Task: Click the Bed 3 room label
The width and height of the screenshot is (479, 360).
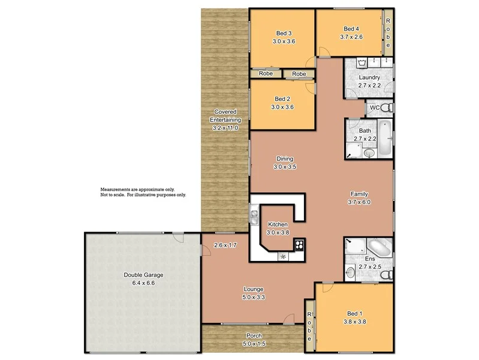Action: point(284,33)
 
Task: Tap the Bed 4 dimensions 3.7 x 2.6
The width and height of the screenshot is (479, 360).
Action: point(351,37)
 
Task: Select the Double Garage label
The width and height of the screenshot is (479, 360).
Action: point(143,275)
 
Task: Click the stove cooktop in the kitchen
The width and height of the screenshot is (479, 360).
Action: point(299,244)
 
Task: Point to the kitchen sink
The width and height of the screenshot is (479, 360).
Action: point(254,214)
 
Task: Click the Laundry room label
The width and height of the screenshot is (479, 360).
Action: point(369,78)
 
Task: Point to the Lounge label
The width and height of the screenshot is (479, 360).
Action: point(254,289)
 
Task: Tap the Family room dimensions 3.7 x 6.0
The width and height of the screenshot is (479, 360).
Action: point(359,202)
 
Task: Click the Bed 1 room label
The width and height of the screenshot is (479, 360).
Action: point(354,313)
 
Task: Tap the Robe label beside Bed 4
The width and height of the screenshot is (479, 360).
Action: point(388,33)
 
